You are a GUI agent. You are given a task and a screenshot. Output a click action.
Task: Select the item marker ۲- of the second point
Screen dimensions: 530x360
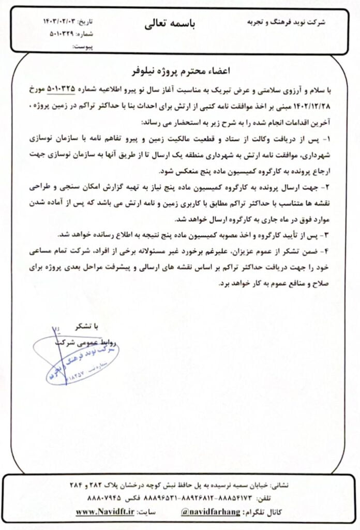pos(329,184)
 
